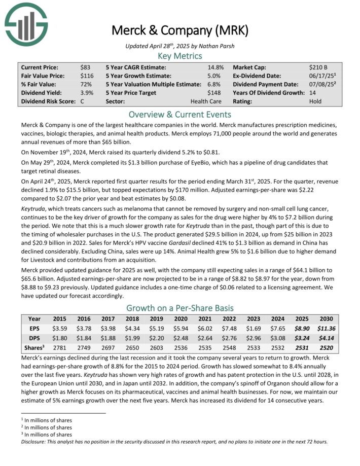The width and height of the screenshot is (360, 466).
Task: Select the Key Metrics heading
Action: click(x=180, y=56)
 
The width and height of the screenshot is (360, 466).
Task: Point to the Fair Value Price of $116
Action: click(x=87, y=76)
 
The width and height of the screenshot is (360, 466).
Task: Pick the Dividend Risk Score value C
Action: click(x=82, y=101)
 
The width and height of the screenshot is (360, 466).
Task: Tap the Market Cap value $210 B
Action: click(x=318, y=67)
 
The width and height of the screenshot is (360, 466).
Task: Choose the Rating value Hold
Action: click(x=315, y=101)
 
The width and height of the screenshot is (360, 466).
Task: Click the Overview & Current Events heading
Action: click(x=180, y=114)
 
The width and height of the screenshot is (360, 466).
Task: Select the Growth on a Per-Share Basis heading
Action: click(x=180, y=308)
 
